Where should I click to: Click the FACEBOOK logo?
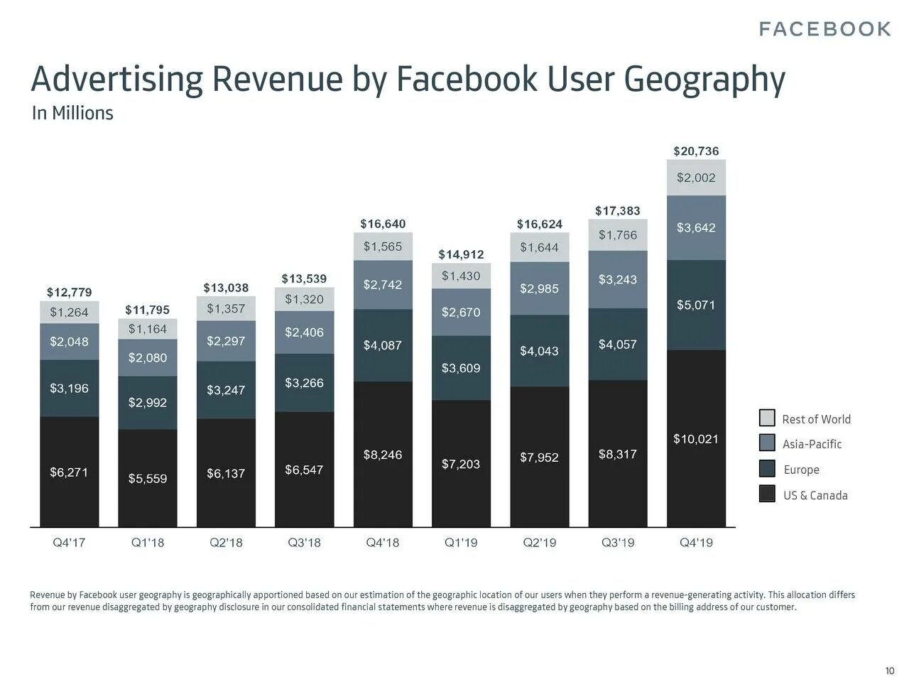coord(824,29)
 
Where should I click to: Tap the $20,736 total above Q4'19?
coord(696,151)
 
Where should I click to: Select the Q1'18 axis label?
coord(148,543)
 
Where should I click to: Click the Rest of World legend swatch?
coord(767,418)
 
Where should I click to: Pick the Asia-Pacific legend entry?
coord(812,444)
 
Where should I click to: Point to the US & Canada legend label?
coord(815,495)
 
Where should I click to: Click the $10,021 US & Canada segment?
coord(696,439)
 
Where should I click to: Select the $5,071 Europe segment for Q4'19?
coord(696,305)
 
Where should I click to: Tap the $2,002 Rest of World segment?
coord(696,178)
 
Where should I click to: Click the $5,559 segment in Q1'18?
coord(148,478)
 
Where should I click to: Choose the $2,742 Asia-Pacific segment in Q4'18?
coord(383,285)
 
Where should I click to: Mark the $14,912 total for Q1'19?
coord(461,254)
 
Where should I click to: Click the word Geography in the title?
coord(704,79)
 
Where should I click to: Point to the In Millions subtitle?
coord(72,113)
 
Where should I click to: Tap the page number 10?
coord(889,671)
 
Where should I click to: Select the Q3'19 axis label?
coord(618,543)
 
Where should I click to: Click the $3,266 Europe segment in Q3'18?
coord(304,383)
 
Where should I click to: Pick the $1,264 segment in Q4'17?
coord(69,313)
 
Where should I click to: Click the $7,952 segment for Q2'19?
coord(539,458)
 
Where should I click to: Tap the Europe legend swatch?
coord(767,469)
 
